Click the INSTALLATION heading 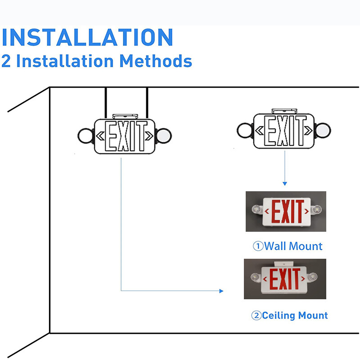pyautogui.click(x=87, y=37)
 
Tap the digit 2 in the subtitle pyautogui.click(x=6, y=61)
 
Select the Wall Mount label pyautogui.click(x=293, y=246)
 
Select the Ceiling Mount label pyautogui.click(x=295, y=315)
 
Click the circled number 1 pyautogui.click(x=257, y=247)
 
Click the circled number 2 pyautogui.click(x=256, y=316)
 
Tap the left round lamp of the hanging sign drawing pyautogui.click(x=85, y=135)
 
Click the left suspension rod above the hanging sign pyautogui.click(x=106, y=103)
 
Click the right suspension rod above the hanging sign pyautogui.click(x=147, y=103)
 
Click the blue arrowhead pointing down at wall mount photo pyautogui.click(x=284, y=183)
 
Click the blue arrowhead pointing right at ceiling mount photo pyautogui.click(x=221, y=291)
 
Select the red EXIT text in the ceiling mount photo pyautogui.click(x=284, y=279)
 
